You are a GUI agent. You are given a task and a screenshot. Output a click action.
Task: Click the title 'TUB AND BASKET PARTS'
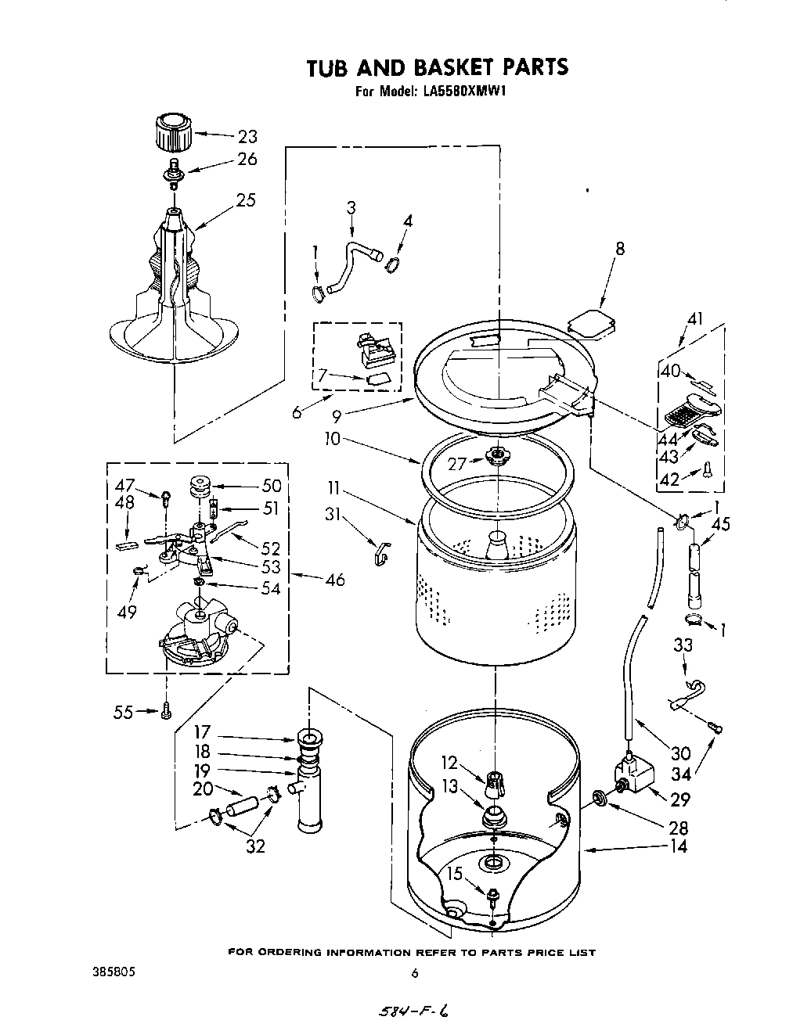[437, 67]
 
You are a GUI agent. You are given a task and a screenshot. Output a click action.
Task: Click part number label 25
[246, 200]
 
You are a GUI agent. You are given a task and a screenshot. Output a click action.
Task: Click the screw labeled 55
[166, 712]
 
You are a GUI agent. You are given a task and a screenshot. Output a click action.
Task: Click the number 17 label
[203, 732]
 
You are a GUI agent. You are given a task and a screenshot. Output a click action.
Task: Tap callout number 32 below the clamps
[255, 845]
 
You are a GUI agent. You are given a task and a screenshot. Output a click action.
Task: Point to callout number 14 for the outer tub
[679, 846]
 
